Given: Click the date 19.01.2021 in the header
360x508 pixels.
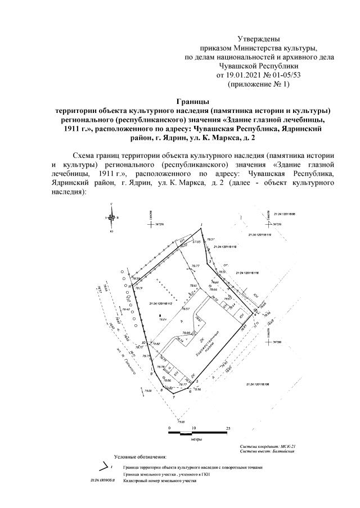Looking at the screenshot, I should point(242,75).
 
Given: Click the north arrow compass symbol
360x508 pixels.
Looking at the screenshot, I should point(114,217).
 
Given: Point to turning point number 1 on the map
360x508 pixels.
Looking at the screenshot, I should point(201,225).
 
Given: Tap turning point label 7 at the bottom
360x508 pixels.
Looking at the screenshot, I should point(174,397).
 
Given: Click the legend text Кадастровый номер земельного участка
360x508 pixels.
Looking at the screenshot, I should point(160,482).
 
